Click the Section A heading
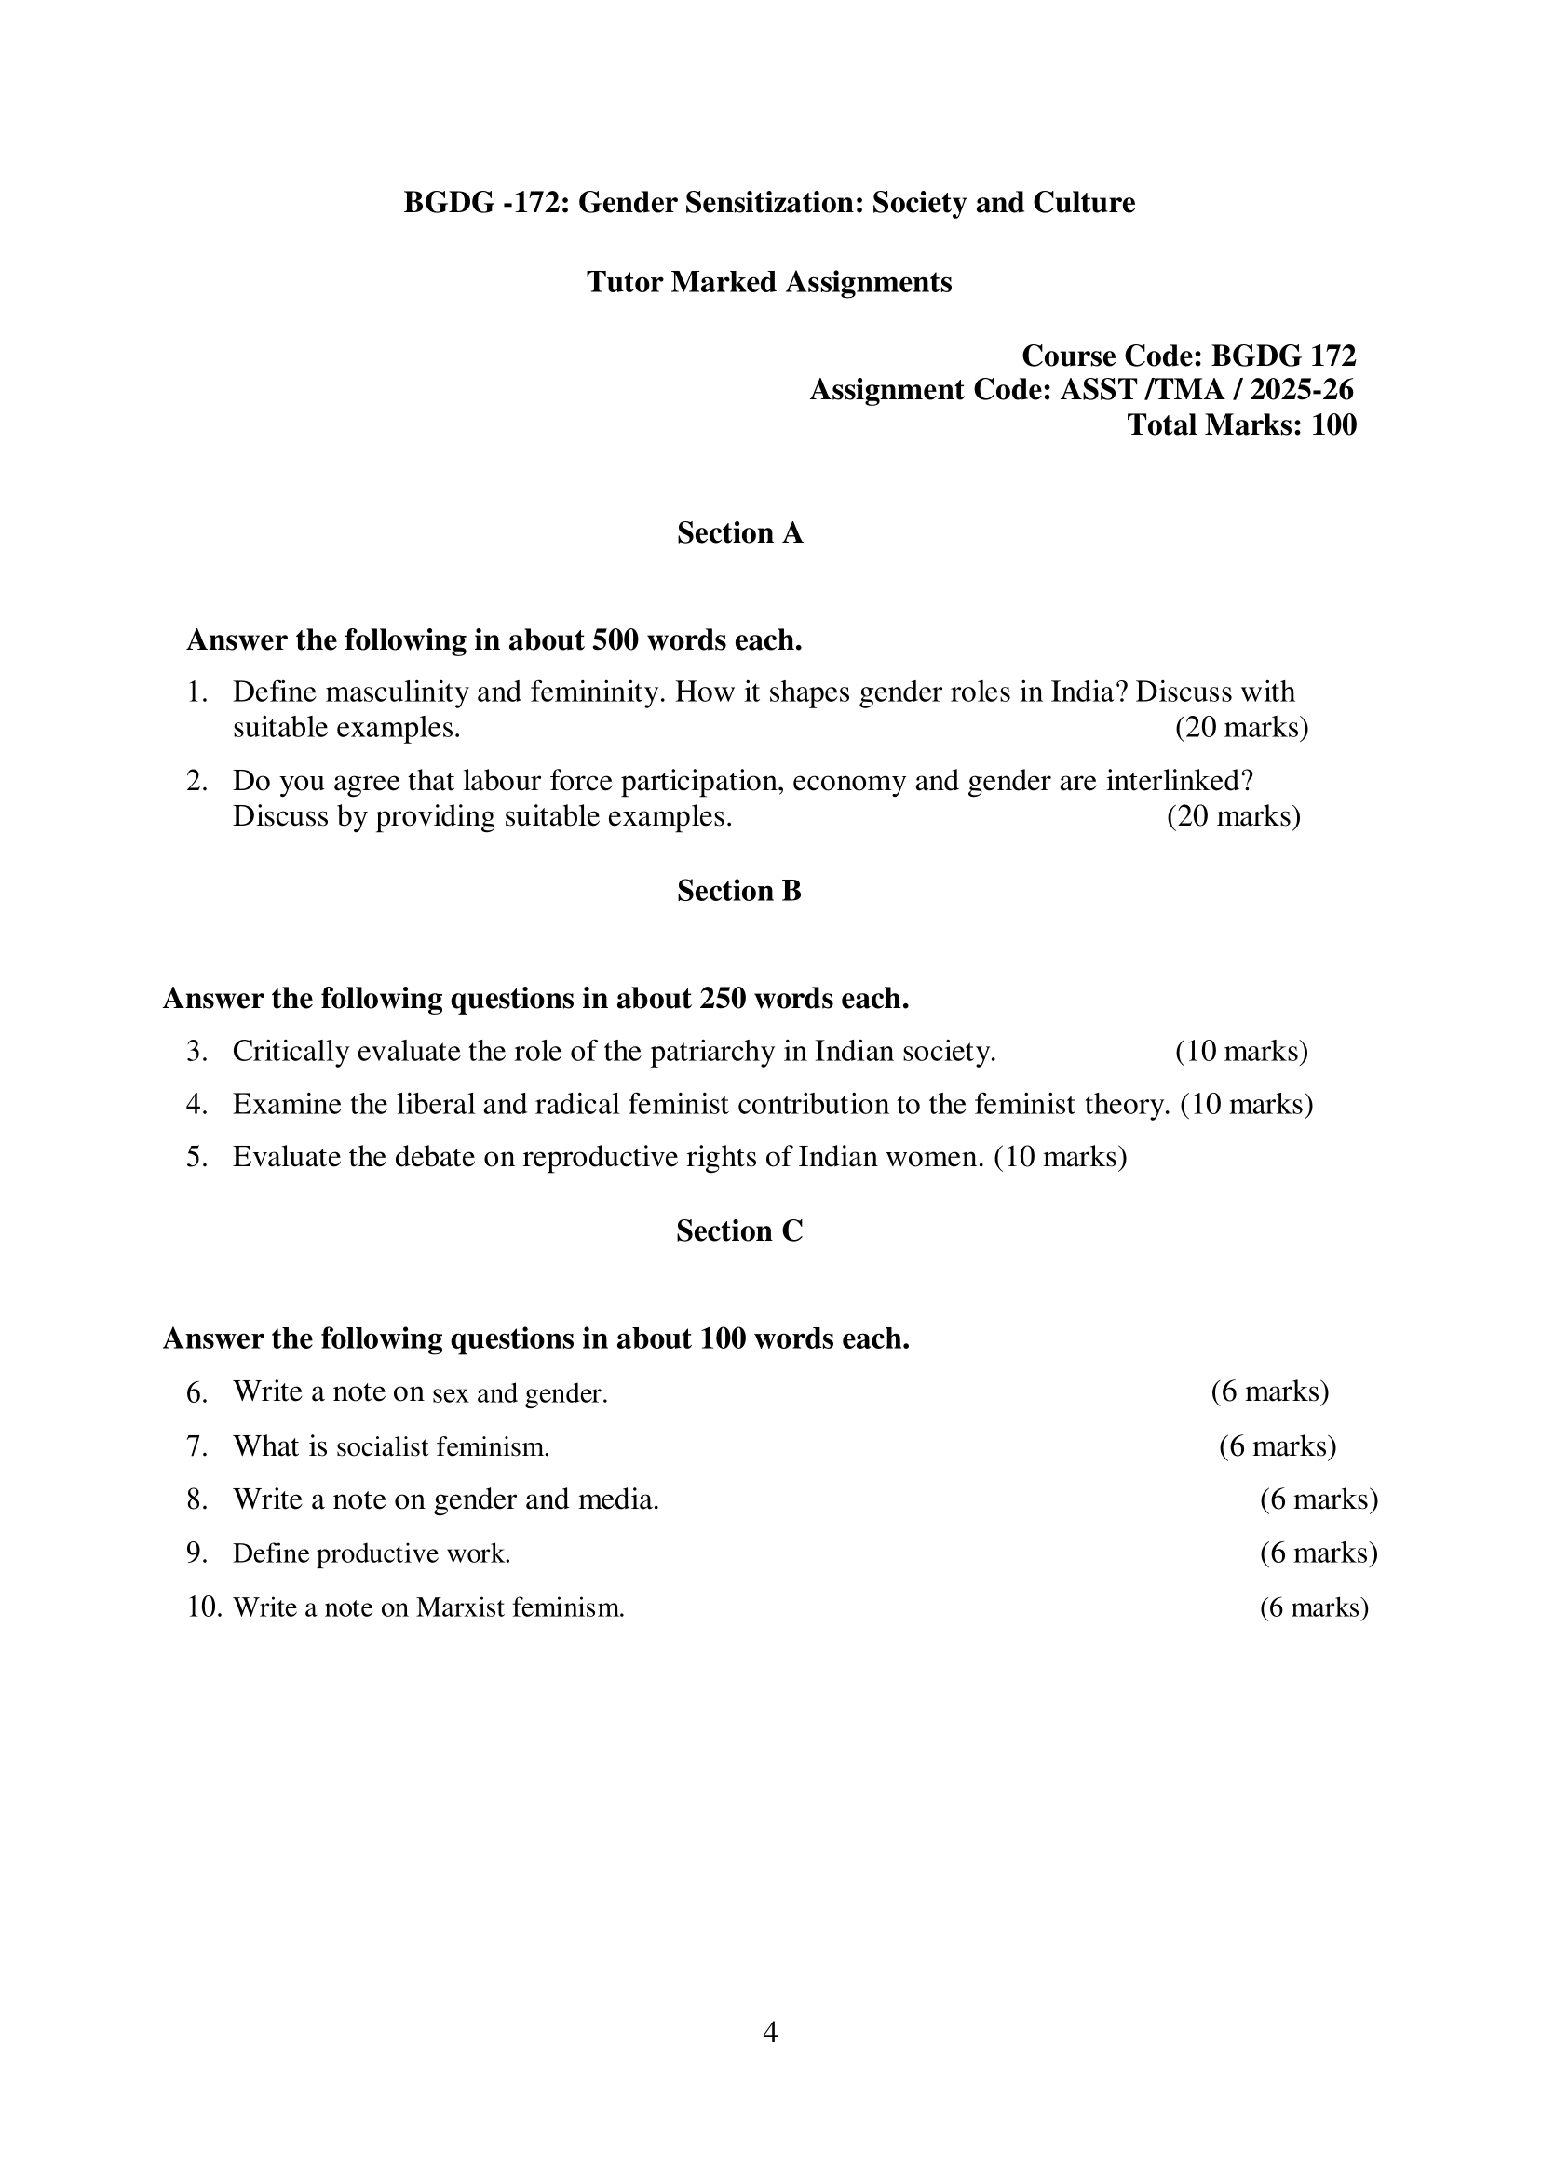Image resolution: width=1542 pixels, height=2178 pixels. point(739,533)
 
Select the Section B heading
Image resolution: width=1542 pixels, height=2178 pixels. point(738,891)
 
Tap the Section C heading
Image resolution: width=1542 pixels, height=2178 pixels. point(738,1230)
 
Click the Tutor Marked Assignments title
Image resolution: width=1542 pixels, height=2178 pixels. point(769,282)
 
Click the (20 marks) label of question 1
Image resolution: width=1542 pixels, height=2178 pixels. point(1241,728)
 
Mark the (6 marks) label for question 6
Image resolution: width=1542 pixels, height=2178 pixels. point(1269,1392)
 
